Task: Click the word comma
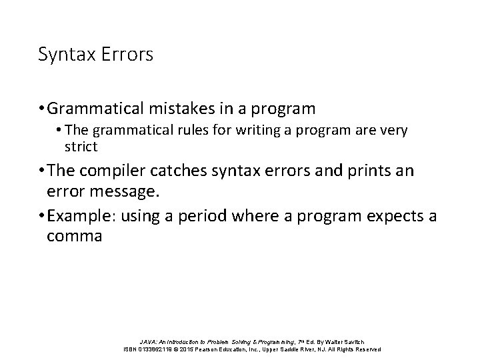[75, 237]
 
